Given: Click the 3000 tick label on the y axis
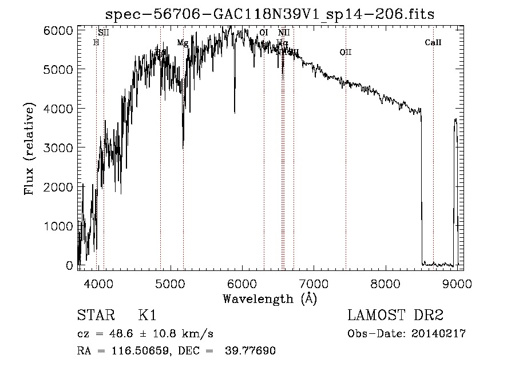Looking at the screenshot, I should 59,147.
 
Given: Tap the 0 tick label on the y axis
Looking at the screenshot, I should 70,266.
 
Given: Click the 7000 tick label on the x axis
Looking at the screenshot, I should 313,283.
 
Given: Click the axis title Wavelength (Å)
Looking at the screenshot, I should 270,298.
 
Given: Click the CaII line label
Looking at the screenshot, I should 433,43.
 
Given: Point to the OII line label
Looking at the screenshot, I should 345,53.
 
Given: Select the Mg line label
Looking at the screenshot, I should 182,43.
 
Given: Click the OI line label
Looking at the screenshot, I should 264,33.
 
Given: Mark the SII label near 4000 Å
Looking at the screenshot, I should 103,33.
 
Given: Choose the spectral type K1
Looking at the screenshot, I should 147,316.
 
